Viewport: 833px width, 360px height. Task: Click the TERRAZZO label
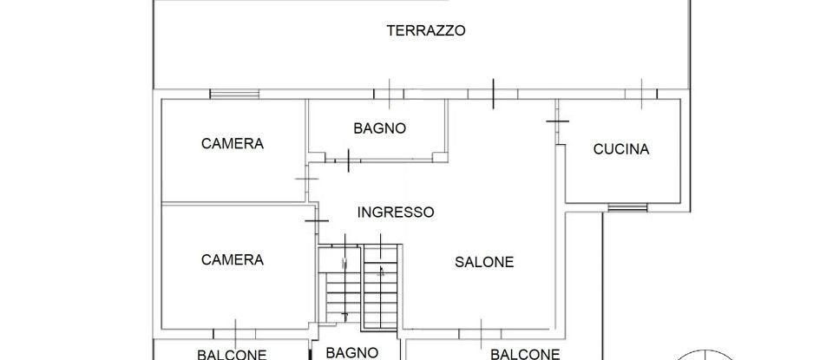(x=426, y=30)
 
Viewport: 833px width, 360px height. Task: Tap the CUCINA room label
(x=620, y=149)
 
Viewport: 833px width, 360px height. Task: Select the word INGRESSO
(x=396, y=212)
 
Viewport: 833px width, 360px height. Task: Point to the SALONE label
(x=485, y=261)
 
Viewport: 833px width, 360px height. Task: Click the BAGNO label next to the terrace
(x=379, y=128)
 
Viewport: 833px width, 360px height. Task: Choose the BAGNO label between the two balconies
(x=351, y=352)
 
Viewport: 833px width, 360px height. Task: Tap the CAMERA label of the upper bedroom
(x=232, y=143)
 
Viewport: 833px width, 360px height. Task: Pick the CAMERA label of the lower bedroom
(x=232, y=259)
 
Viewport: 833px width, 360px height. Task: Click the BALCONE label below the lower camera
(x=232, y=354)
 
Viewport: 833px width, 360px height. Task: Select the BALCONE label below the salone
(x=524, y=354)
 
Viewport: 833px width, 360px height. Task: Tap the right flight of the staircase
(x=380, y=291)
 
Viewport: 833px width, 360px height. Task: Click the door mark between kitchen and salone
(x=556, y=121)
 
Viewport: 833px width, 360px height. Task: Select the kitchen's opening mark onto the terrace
(x=641, y=93)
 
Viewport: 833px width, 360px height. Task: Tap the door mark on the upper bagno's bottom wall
(x=347, y=159)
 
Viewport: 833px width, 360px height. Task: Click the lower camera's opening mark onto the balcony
(x=236, y=331)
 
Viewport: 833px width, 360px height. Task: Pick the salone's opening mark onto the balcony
(x=482, y=330)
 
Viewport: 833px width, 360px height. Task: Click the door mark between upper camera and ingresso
(x=306, y=178)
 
